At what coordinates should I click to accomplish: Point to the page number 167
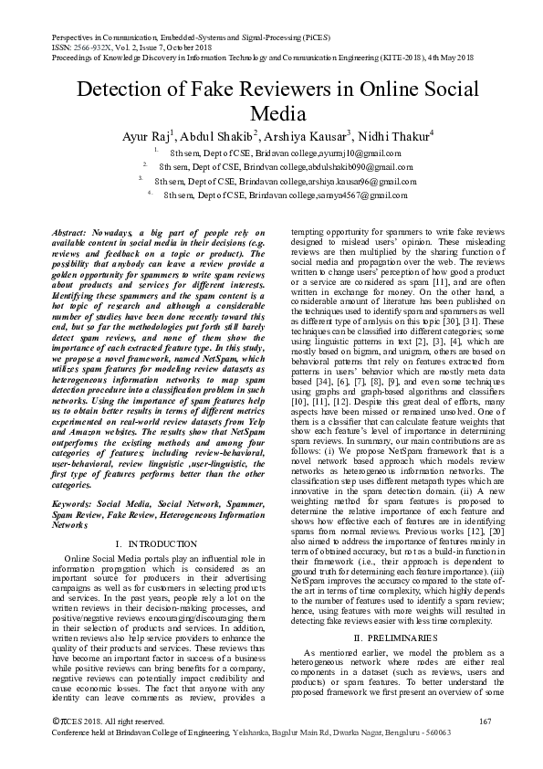(485, 748)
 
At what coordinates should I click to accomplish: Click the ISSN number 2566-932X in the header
(80, 43)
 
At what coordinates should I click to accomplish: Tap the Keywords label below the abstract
(74, 502)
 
